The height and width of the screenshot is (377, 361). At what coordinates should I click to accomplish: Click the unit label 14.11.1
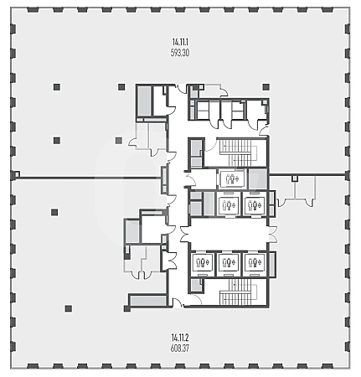(180, 43)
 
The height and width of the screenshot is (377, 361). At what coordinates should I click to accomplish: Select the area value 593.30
(180, 53)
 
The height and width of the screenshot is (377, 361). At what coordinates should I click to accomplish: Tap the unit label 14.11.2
(180, 338)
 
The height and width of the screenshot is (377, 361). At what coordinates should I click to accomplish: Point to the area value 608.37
(180, 349)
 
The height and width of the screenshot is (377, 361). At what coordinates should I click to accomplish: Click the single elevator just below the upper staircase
(232, 178)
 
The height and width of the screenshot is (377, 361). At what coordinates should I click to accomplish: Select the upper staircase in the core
(238, 152)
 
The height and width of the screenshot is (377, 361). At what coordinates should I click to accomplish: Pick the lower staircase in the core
(238, 292)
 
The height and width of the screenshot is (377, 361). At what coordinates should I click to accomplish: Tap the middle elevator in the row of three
(229, 262)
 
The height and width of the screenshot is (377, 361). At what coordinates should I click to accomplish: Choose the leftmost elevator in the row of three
(203, 262)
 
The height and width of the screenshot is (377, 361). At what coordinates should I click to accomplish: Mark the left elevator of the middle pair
(229, 204)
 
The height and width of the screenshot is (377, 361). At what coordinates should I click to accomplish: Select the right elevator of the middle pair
(255, 204)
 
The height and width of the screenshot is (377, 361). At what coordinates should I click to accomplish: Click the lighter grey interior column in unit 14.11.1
(119, 140)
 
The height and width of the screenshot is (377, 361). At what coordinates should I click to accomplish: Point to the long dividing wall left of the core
(88, 178)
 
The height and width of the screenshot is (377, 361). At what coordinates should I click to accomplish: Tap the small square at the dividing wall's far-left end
(17, 175)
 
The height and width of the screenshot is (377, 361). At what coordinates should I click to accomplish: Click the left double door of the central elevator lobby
(184, 234)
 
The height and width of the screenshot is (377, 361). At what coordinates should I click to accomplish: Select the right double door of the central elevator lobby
(272, 234)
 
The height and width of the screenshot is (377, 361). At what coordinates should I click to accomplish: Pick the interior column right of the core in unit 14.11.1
(266, 87)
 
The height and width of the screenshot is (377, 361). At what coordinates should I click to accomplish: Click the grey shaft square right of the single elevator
(257, 178)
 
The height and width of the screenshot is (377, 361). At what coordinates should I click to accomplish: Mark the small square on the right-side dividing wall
(295, 178)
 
